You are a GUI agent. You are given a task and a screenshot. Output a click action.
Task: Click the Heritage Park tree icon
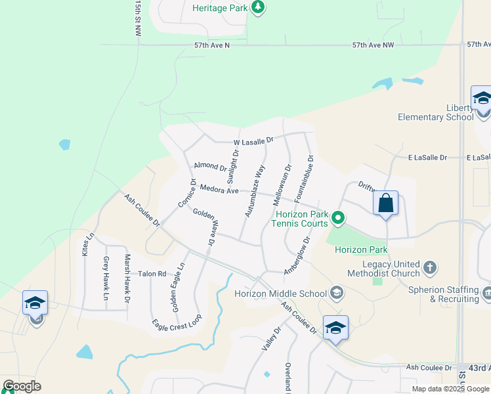click(259, 7)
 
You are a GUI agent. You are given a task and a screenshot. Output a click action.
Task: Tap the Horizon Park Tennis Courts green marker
click(338, 217)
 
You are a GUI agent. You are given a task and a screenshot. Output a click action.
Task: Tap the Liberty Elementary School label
click(435, 112)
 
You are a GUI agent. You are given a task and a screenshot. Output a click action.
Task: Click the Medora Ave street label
click(219, 190)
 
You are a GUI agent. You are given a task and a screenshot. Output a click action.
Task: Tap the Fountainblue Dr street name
click(305, 177)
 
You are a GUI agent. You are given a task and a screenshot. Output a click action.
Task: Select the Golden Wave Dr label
click(204, 227)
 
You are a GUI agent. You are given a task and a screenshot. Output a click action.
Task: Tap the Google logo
click(22, 386)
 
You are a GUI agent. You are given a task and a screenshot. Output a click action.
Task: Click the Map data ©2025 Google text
click(450, 389)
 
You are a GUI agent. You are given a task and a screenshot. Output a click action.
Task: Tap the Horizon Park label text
click(361, 250)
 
